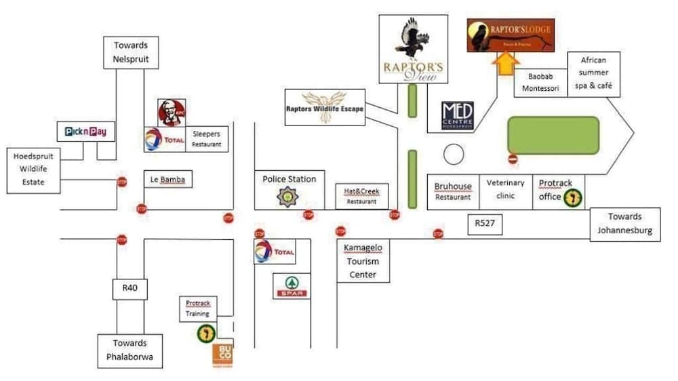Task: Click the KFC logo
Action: pos(172,112)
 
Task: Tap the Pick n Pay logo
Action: pos(85,131)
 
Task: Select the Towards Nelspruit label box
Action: pos(130,52)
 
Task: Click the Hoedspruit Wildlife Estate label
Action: pos(33,169)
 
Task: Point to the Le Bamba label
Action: pos(167,180)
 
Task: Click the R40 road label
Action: pos(129,289)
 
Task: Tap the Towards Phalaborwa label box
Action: pos(129,350)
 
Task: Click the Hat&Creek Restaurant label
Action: pos(361,196)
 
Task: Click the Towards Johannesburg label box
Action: pos(624,224)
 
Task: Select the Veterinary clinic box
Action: pos(505,190)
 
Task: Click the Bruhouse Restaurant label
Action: pos(453,191)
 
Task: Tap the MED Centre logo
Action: pos(458,115)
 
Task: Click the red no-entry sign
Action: pos(513,159)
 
